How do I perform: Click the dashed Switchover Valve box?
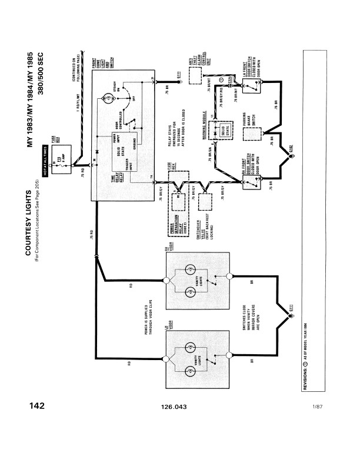click(205, 202)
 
